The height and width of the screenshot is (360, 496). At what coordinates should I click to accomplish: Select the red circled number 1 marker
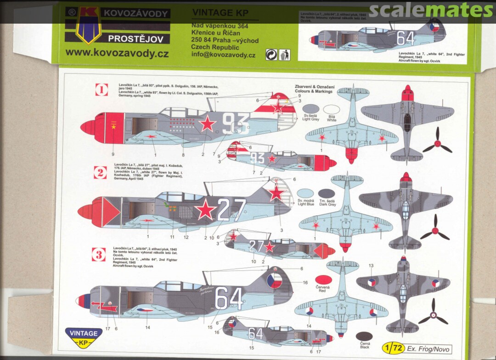point(101,90)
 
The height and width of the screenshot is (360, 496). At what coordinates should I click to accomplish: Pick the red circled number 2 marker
point(100,172)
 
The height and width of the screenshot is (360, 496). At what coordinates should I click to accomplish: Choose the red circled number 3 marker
point(99,254)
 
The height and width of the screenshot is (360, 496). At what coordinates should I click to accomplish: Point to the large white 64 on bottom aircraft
point(229,298)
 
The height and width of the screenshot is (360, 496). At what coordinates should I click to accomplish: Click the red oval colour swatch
point(324,280)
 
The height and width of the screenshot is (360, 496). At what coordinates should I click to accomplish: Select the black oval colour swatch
point(364,336)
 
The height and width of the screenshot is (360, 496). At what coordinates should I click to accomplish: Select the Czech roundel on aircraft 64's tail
point(275,280)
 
